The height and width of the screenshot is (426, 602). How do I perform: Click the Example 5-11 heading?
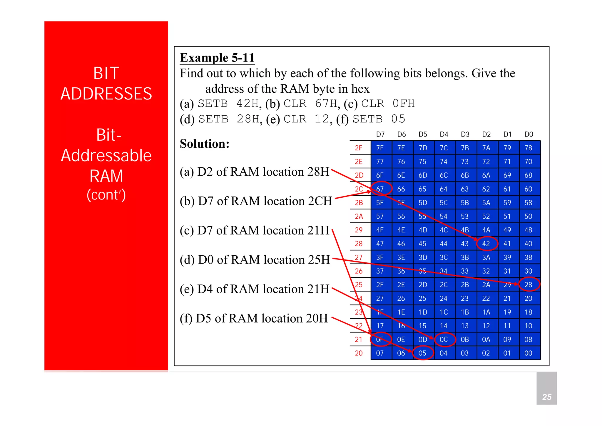(217, 58)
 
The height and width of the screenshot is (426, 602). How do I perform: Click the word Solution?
(205, 144)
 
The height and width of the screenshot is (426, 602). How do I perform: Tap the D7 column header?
(380, 134)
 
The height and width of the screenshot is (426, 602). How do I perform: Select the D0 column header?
(529, 134)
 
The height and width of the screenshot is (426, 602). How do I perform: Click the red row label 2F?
(358, 148)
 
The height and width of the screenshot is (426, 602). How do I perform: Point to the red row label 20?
(358, 353)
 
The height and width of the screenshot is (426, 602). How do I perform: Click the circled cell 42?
(486, 244)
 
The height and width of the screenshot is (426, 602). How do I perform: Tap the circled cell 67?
(380, 189)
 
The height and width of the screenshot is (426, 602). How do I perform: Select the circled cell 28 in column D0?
(529, 285)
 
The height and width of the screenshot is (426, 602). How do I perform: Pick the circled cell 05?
(422, 353)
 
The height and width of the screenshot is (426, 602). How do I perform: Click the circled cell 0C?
(444, 340)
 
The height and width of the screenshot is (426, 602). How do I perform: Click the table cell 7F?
(380, 148)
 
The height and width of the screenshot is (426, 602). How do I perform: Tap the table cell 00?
(529, 353)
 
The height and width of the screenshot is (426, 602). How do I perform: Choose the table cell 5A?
(486, 203)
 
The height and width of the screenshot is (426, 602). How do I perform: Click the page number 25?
(547, 397)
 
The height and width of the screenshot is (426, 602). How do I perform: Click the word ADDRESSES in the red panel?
(106, 94)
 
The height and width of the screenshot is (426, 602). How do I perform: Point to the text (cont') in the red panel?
(106, 195)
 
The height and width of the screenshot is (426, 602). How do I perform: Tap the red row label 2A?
(358, 217)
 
